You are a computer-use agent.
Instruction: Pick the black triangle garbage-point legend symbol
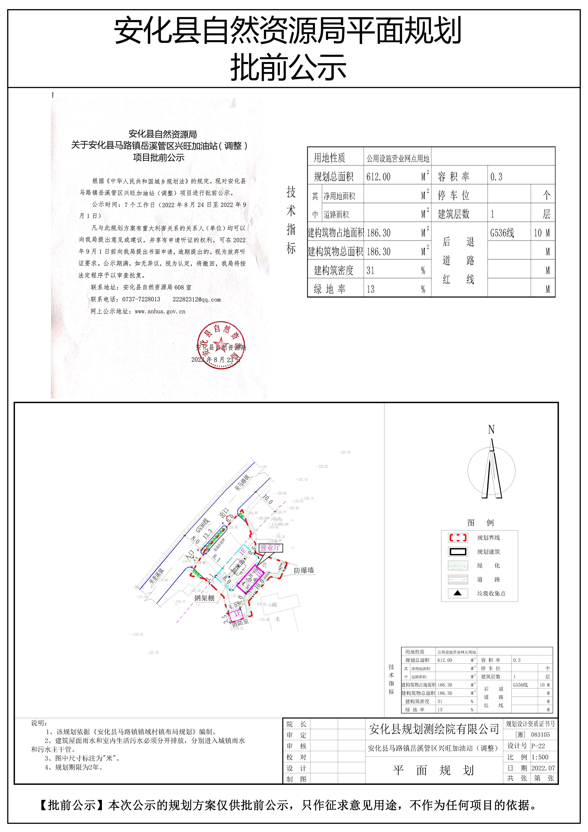(458, 593)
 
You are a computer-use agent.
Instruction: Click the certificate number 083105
(540, 735)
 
